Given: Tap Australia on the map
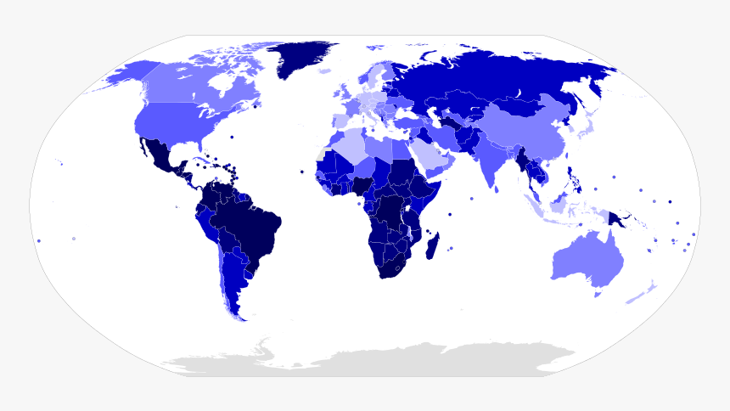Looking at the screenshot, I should click(586, 258).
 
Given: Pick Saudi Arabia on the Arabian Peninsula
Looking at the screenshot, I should click(432, 158).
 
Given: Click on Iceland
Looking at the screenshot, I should click(326, 71).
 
